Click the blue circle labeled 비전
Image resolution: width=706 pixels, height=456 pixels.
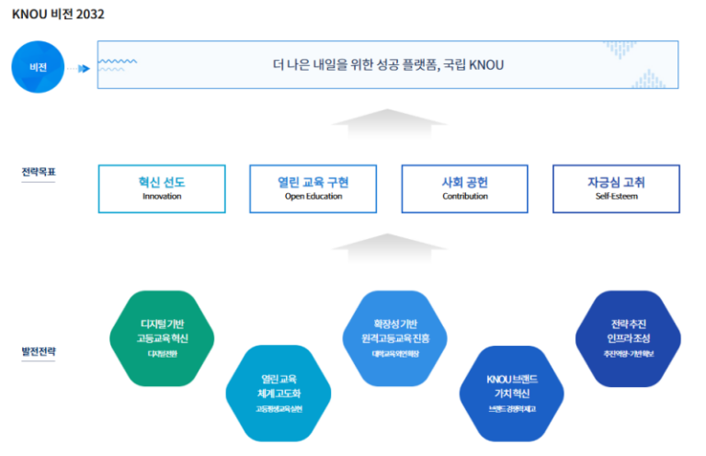(x=38, y=67)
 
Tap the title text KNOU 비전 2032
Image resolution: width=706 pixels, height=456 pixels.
(x=57, y=15)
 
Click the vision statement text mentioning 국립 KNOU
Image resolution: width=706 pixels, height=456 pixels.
(x=388, y=65)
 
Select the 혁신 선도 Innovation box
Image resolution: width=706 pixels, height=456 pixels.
(x=162, y=188)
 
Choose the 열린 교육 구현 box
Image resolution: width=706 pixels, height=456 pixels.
(x=313, y=188)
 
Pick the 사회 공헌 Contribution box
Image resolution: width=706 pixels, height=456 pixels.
(x=464, y=188)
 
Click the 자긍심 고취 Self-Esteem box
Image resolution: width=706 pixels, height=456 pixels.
(x=616, y=188)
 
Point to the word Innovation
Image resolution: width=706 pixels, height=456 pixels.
(x=162, y=197)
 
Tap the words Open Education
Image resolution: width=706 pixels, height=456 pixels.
(x=313, y=197)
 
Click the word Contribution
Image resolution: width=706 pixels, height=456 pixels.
(x=464, y=197)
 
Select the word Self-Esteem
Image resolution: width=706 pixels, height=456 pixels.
(x=616, y=197)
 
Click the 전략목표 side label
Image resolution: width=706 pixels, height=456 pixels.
(x=39, y=172)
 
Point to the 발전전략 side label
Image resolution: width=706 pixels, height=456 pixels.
(x=39, y=351)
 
